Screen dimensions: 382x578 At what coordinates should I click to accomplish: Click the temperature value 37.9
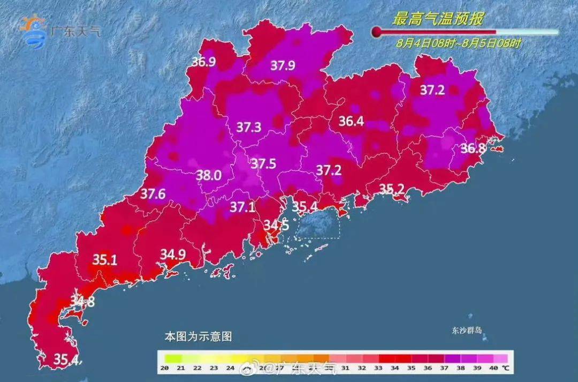coord(283,66)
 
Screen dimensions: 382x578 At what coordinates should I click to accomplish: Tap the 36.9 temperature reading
coord(203,62)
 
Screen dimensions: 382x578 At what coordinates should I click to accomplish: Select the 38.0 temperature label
coord(210,175)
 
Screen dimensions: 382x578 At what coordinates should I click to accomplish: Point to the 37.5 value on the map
coord(263,164)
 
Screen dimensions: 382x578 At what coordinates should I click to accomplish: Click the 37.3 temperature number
coord(249,128)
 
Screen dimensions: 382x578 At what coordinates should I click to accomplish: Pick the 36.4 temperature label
coord(351,122)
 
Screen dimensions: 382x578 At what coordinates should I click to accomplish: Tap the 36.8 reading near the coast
coord(473,148)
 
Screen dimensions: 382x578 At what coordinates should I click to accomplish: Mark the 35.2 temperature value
coord(392,188)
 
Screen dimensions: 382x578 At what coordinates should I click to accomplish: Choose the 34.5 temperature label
coord(276,226)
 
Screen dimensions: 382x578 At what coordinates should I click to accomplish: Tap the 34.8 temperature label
coord(82,302)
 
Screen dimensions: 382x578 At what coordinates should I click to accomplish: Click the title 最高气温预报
coord(438,20)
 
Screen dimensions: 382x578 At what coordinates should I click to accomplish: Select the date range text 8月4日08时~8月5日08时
coord(459,43)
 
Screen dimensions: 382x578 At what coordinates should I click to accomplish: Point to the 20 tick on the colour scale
coord(165,368)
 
